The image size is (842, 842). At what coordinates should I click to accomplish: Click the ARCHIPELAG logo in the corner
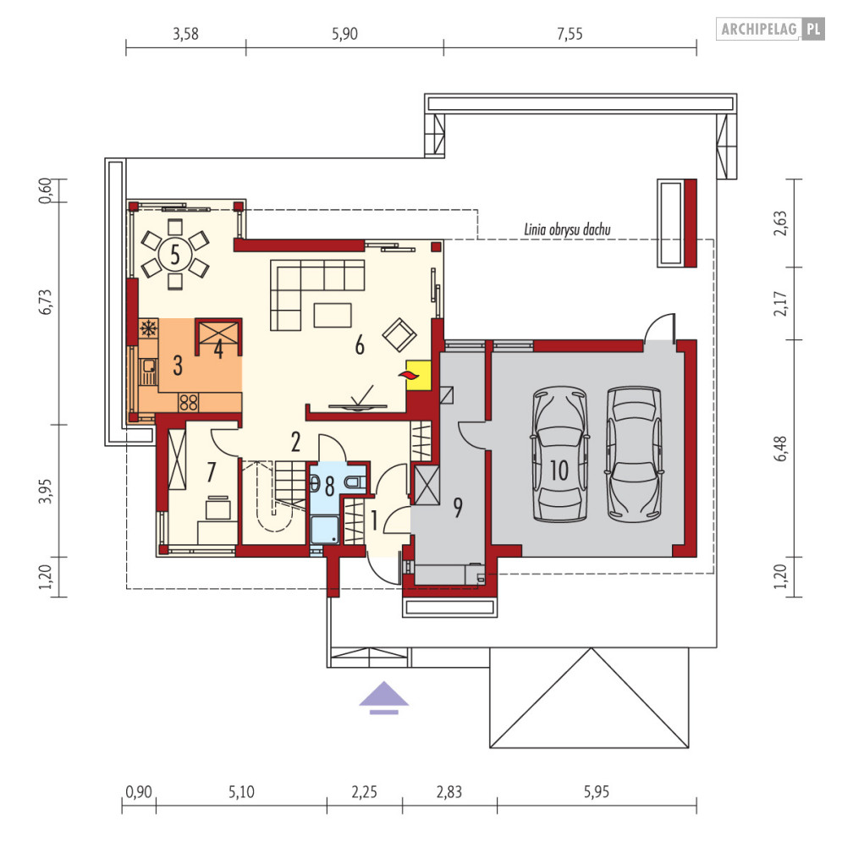770,29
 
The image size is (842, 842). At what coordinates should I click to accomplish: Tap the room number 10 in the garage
559,471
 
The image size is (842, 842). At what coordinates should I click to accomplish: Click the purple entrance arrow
384,697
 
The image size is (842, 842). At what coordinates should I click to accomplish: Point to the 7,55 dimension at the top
570,34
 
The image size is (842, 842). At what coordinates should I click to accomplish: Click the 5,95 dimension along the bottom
596,791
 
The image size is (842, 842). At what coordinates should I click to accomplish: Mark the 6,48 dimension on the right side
781,449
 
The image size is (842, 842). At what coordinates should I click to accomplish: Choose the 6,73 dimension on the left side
47,301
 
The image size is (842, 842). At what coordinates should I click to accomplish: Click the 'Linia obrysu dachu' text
567,230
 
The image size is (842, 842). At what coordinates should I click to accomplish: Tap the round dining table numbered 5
175,254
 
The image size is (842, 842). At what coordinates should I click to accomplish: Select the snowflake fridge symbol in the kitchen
149,328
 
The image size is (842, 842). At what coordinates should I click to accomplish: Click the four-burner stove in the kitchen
189,403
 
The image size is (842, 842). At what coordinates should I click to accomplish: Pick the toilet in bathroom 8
355,482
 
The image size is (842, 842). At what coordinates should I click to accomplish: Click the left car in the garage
559,454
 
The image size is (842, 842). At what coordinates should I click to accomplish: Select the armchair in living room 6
399,334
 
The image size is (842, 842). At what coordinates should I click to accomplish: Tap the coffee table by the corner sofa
333,315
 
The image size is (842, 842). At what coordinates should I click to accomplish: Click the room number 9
458,508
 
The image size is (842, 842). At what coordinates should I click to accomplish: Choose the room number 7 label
211,472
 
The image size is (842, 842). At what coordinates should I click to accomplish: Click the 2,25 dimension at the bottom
364,791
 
